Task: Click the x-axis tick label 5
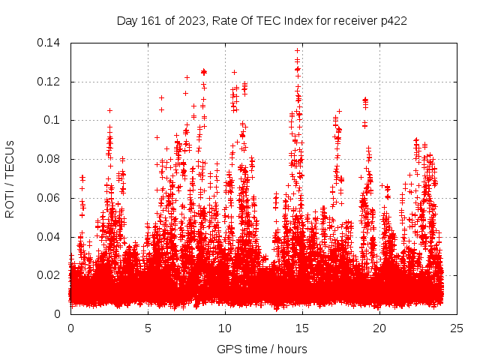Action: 148,328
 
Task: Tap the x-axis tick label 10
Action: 225,328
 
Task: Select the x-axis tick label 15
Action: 302,328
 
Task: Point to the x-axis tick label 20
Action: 379,328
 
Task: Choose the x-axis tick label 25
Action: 457,328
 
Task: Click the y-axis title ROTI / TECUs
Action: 10,178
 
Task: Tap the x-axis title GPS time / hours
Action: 262,349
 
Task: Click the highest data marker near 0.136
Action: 298,50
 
